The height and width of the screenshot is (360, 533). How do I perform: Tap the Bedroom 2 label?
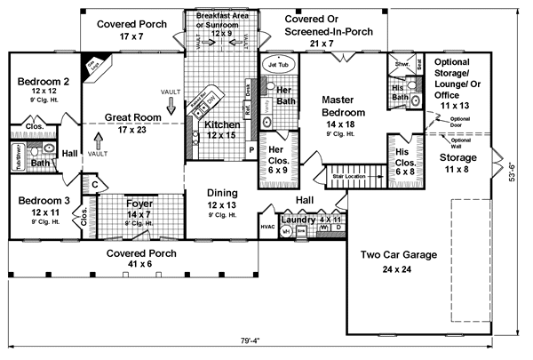[39, 83]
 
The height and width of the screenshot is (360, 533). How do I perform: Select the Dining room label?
[222, 193]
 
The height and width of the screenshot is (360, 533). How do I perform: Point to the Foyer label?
[138, 202]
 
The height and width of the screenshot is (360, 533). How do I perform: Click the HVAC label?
[266, 227]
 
